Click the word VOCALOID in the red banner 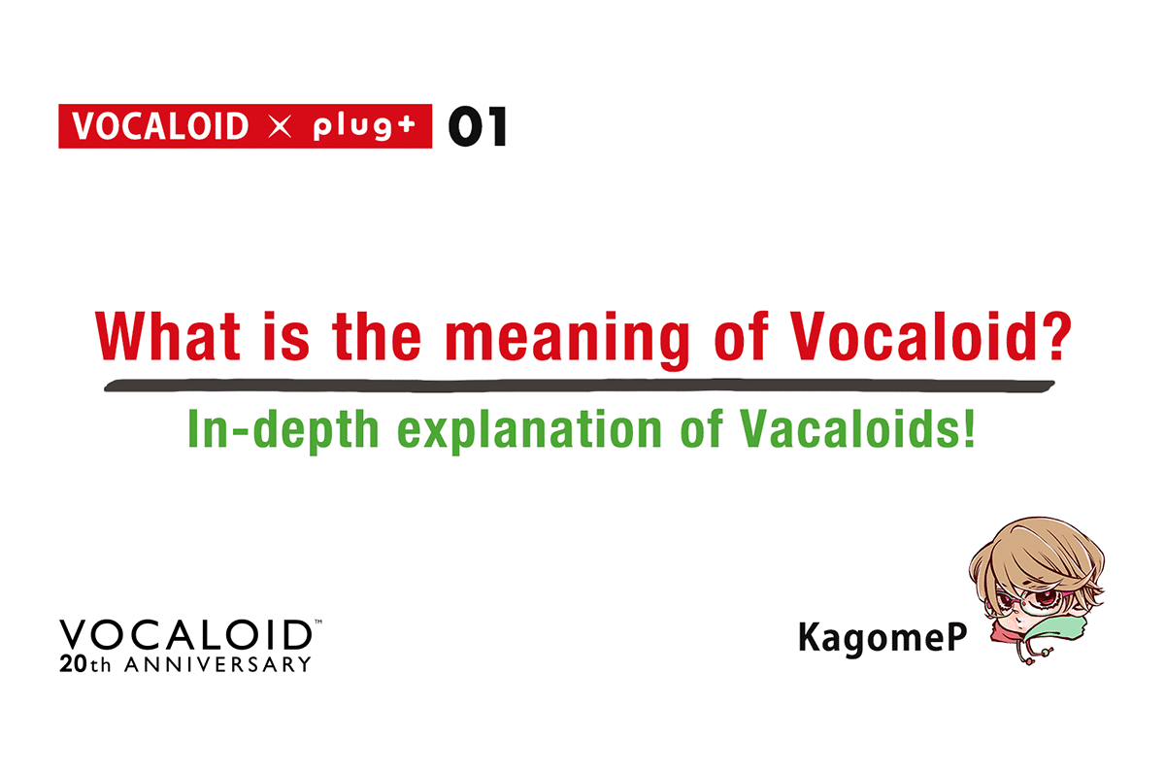pyautogui.click(x=161, y=127)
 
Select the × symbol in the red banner pyautogui.click(x=280, y=128)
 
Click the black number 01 pyautogui.click(x=477, y=127)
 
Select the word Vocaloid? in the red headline pyautogui.click(x=933, y=335)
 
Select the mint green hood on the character pyautogui.click(x=1068, y=635)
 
